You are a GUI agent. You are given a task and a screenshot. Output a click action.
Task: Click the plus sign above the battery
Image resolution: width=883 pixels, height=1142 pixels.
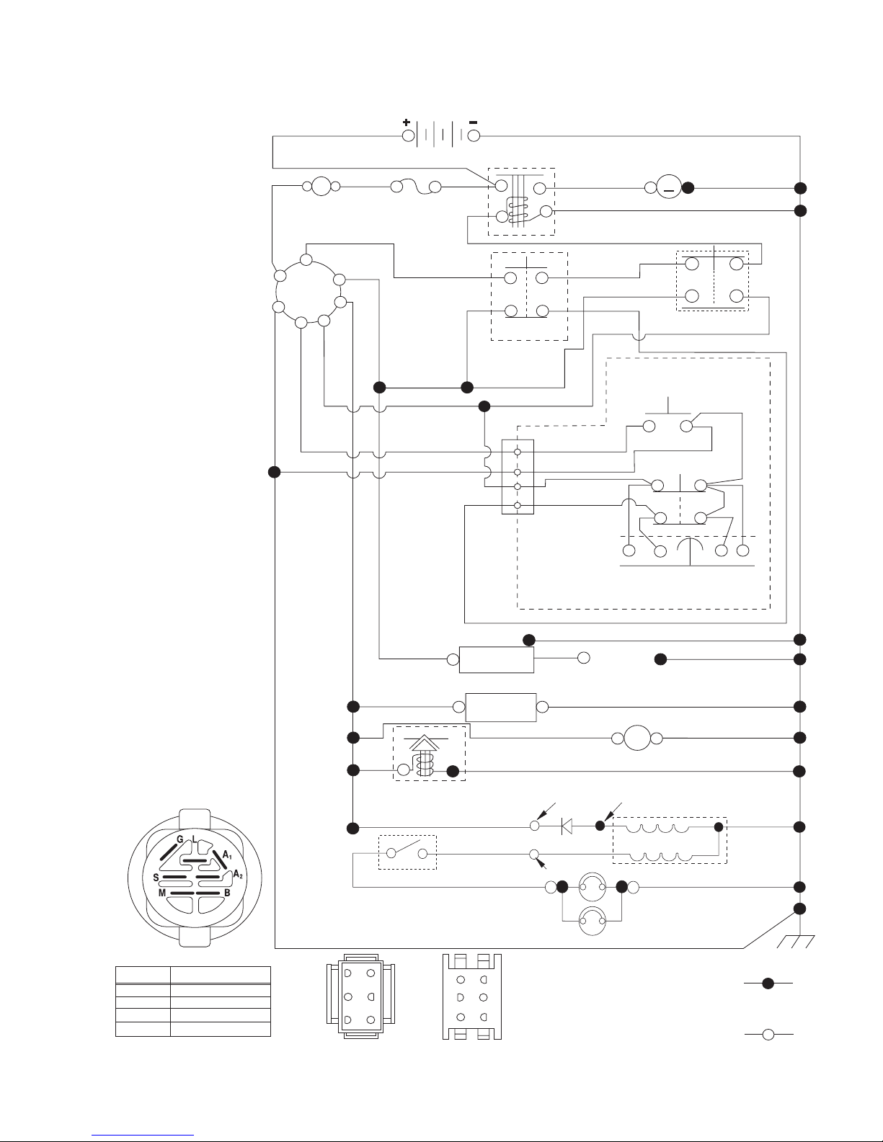pyautogui.click(x=407, y=122)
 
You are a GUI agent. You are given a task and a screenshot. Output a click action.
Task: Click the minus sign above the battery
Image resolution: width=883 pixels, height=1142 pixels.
pyautogui.click(x=473, y=122)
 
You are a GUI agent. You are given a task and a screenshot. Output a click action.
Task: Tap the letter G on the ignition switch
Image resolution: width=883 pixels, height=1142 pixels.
pyautogui.click(x=179, y=839)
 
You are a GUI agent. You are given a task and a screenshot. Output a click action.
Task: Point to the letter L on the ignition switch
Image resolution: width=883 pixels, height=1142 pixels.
pyautogui.click(x=194, y=839)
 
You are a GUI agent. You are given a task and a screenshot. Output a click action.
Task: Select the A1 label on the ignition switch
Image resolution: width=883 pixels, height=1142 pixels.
pyautogui.click(x=227, y=855)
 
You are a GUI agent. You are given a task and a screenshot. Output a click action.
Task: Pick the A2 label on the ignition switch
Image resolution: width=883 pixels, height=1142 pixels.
pyautogui.click(x=238, y=875)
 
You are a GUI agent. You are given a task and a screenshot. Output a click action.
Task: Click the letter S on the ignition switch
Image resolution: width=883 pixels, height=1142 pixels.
pyautogui.click(x=156, y=878)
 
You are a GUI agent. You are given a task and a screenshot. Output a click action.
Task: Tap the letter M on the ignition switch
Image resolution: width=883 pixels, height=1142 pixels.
pyautogui.click(x=162, y=893)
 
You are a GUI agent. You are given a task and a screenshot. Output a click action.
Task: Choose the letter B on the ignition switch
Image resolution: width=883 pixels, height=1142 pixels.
pyautogui.click(x=227, y=893)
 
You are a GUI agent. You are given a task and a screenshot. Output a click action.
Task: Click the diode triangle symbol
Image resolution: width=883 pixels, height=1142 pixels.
pyautogui.click(x=567, y=826)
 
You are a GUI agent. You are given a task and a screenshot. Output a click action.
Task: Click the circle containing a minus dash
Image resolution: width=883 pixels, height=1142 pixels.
pyautogui.click(x=669, y=187)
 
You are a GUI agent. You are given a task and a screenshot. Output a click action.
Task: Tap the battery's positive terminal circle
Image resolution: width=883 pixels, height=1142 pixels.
pyautogui.click(x=409, y=136)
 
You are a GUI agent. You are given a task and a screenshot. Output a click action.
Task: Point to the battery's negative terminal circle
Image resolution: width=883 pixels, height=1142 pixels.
pyautogui.click(x=474, y=136)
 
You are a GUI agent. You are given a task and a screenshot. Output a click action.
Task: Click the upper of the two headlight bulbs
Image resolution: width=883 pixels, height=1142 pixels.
pyautogui.click(x=592, y=887)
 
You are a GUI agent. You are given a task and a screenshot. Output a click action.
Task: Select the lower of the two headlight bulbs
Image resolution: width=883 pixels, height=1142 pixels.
pyautogui.click(x=592, y=921)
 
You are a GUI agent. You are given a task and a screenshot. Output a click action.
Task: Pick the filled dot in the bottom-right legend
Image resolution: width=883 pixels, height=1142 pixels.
pyautogui.click(x=768, y=983)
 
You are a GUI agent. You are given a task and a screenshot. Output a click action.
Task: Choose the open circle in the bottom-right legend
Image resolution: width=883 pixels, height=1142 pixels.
pyautogui.click(x=768, y=1034)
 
